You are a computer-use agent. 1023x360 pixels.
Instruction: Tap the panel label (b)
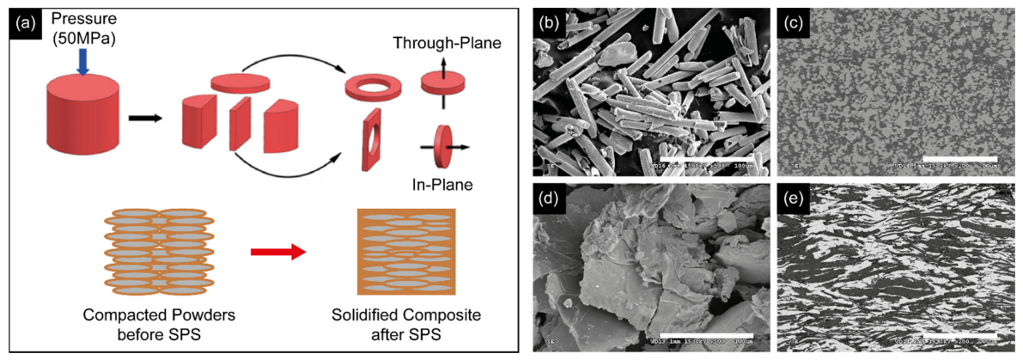[x=551, y=26]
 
